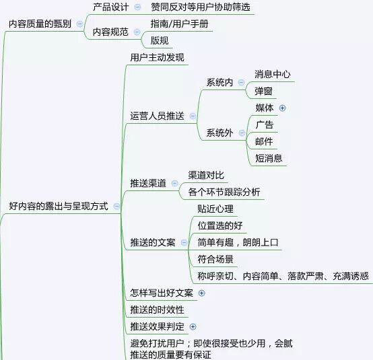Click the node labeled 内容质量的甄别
click(40, 24)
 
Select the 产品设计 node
click(111, 7)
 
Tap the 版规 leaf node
click(160, 40)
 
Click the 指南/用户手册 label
click(179, 24)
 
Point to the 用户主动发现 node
click(158, 58)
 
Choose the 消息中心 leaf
click(273, 74)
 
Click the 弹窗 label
click(263, 91)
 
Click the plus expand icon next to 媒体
click(282, 108)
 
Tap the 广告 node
click(265, 125)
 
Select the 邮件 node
click(264, 142)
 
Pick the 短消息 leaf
click(269, 158)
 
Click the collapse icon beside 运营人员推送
click(193, 116)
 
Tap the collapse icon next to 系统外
click(242, 133)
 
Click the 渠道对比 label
click(206, 175)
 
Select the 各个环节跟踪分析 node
click(224, 192)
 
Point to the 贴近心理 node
click(215, 209)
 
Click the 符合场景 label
click(215, 259)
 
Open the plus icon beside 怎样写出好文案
click(202, 293)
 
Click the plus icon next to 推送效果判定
click(193, 327)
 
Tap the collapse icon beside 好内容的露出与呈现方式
click(116, 206)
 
